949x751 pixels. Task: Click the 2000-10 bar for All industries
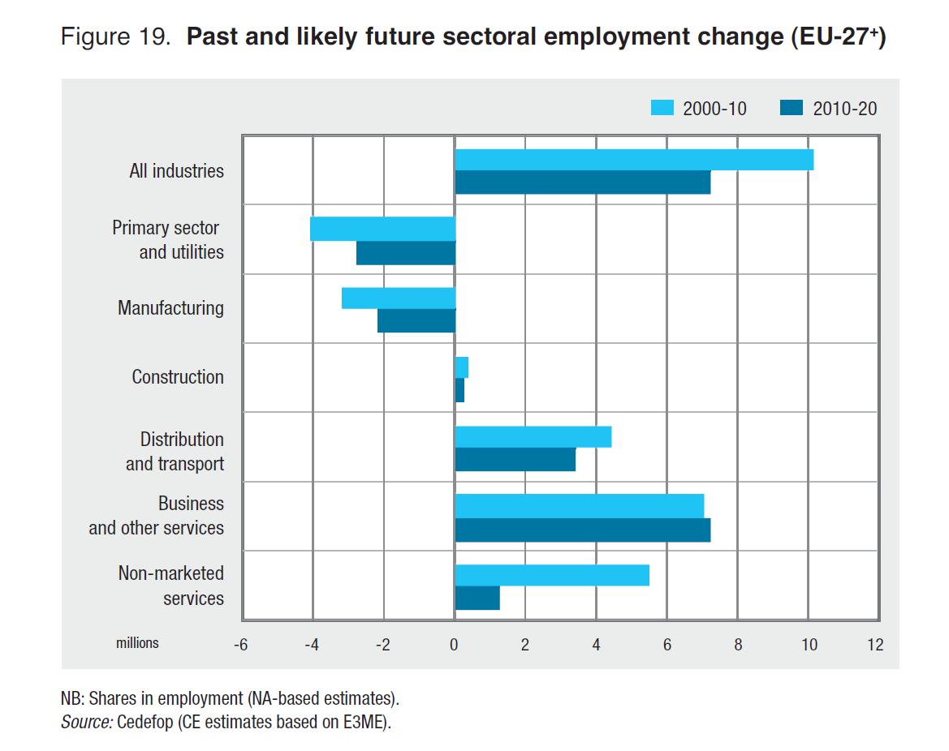pyautogui.click(x=634, y=160)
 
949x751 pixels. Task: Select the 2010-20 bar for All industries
pyautogui.click(x=582, y=183)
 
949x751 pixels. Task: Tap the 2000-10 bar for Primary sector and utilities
pyautogui.click(x=382, y=229)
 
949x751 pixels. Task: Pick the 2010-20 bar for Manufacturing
pyautogui.click(x=416, y=321)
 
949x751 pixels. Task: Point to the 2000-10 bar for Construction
pyautogui.click(x=462, y=367)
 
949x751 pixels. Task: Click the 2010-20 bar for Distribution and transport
pyautogui.click(x=515, y=460)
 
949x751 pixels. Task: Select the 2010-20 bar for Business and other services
pyautogui.click(x=582, y=530)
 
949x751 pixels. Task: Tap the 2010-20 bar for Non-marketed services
pyautogui.click(x=477, y=599)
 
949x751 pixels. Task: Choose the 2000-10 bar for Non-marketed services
pyautogui.click(x=552, y=575)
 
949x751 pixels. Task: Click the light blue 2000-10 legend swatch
pyautogui.click(x=662, y=108)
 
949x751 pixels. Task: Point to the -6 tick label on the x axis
pyautogui.click(x=240, y=646)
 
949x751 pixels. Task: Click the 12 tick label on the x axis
pyautogui.click(x=874, y=646)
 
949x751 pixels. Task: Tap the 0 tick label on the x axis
pyautogui.click(x=454, y=646)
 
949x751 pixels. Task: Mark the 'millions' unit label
pyautogui.click(x=137, y=643)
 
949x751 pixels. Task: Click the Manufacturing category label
pyautogui.click(x=170, y=308)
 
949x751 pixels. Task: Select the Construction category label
pyautogui.click(x=178, y=377)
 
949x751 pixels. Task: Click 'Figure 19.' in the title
pyautogui.click(x=114, y=38)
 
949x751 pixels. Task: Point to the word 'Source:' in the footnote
pyautogui.click(x=86, y=722)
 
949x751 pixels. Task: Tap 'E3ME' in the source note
pyautogui.click(x=366, y=722)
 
